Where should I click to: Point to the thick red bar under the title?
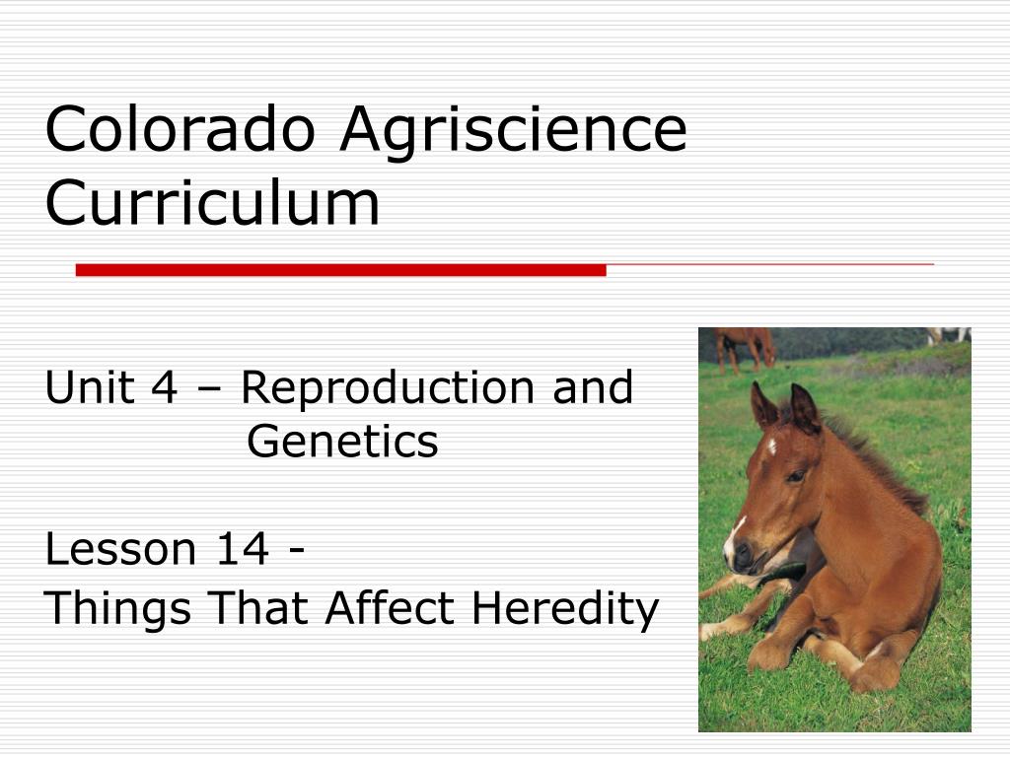point(340,270)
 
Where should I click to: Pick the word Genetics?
point(342,441)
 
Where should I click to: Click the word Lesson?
point(120,550)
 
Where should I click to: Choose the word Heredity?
point(565,609)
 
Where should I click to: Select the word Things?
point(117,609)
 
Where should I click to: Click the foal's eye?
point(797,476)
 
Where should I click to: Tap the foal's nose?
point(740,555)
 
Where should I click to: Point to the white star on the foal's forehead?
point(770,446)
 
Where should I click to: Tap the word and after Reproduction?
point(593,387)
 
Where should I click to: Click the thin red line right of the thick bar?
point(770,264)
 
